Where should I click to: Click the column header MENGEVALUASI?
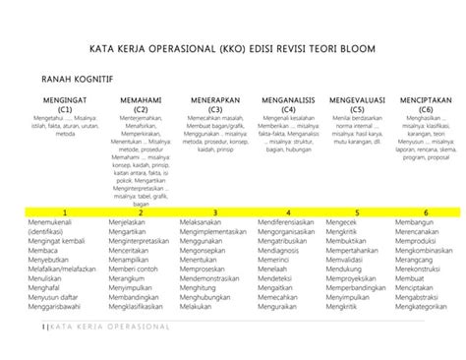point(357,100)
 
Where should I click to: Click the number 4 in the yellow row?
point(288,212)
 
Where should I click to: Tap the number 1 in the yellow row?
point(64,212)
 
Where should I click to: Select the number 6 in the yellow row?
point(426,212)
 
